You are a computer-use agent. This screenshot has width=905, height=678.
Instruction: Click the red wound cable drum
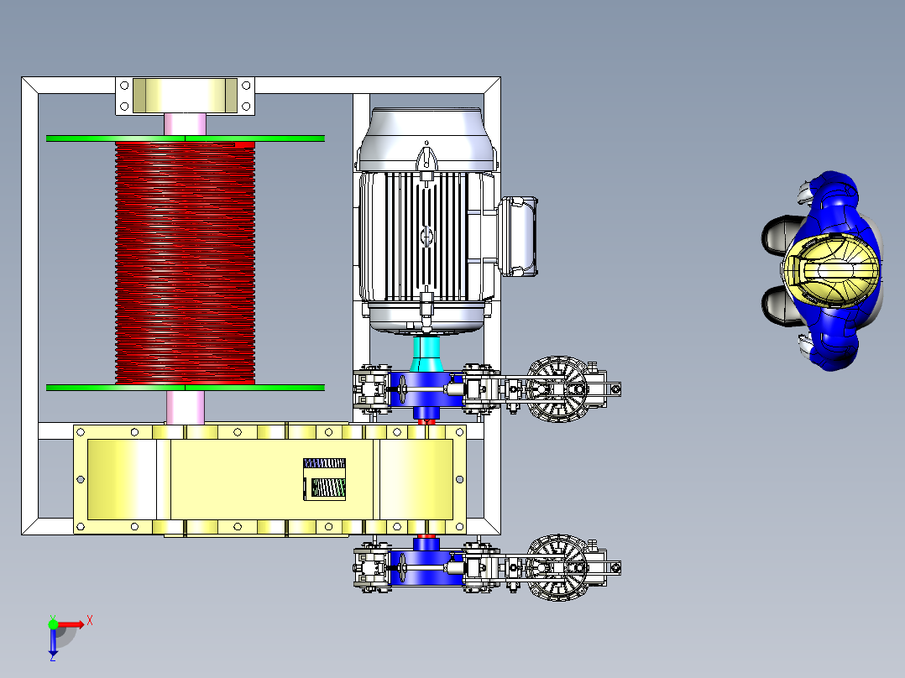(x=186, y=263)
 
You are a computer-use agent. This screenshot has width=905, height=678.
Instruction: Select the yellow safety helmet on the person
(x=832, y=270)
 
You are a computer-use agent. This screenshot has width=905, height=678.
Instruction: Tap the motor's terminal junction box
(x=518, y=236)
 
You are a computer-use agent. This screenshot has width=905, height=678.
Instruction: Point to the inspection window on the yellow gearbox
(x=324, y=479)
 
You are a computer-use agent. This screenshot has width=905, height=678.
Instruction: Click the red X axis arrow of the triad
(x=71, y=624)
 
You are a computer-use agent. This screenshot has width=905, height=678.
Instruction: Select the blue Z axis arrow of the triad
(x=53, y=641)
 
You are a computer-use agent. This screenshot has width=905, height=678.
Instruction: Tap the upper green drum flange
(x=186, y=138)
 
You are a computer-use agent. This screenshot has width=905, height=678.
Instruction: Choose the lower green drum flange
(x=186, y=388)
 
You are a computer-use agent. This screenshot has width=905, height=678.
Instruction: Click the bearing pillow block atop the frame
(x=186, y=96)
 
